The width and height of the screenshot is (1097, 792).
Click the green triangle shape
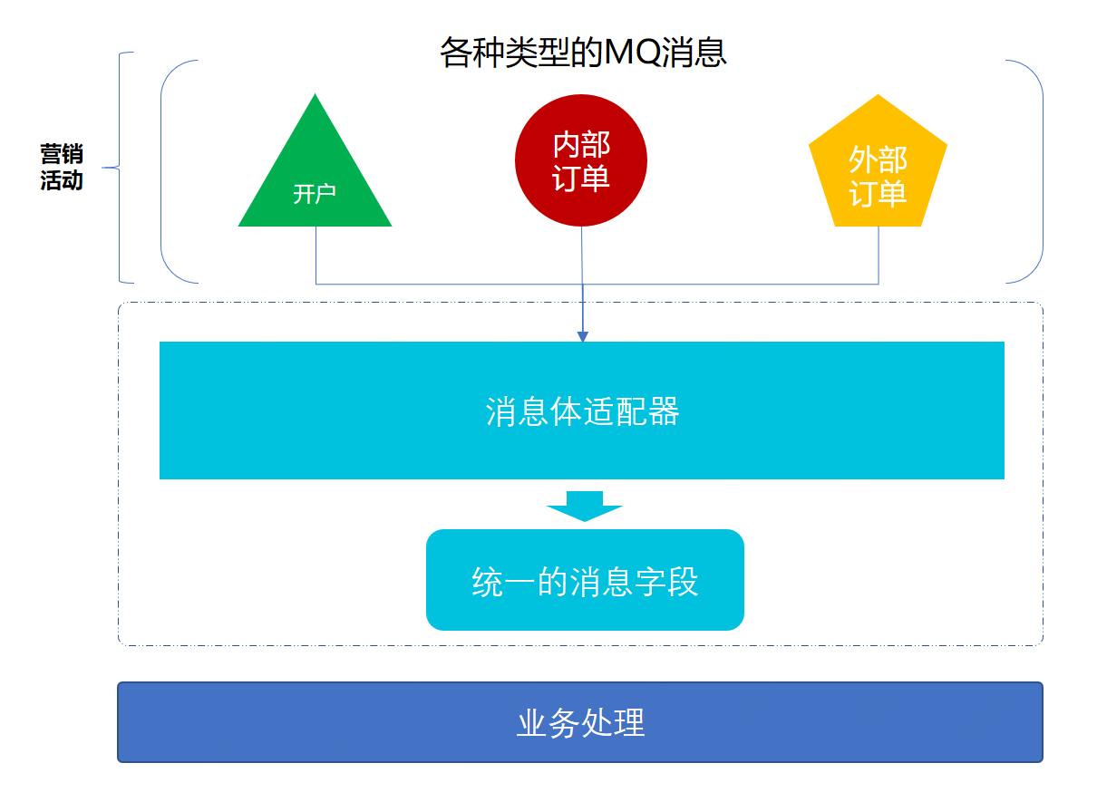point(316,176)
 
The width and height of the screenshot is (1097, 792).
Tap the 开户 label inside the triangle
point(315,194)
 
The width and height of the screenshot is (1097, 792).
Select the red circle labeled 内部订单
point(581,160)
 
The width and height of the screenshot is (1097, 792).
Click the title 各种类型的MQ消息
point(583,52)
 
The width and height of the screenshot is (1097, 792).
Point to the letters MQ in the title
point(634,52)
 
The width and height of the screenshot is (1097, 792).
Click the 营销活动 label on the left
point(62,167)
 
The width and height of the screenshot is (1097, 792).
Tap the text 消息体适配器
point(582,411)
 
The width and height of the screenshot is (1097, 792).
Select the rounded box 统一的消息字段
point(586,580)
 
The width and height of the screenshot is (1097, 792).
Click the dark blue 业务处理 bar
point(580,722)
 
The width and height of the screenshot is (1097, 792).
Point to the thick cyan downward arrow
point(585,507)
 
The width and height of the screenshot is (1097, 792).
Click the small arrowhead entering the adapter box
point(583,336)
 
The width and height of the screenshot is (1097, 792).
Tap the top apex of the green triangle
point(316,93)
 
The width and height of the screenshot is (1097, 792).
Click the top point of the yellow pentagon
point(879,94)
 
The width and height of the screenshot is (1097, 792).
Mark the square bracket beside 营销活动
point(120,168)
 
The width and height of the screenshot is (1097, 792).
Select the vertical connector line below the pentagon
point(879,255)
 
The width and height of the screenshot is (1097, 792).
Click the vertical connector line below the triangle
point(316,255)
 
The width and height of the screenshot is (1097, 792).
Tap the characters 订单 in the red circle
point(581,178)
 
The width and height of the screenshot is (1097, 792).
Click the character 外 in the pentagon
point(863,159)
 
